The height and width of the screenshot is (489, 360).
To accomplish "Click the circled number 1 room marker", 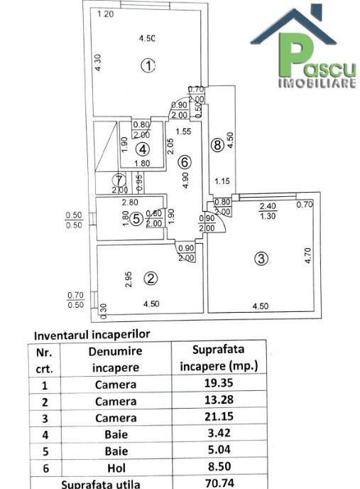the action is pos(148,66).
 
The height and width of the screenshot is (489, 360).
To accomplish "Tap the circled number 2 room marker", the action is pos(151,279).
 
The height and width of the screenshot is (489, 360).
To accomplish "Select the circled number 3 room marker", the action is pos(261,259).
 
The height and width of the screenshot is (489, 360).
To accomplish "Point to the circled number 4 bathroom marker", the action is pos(143,149).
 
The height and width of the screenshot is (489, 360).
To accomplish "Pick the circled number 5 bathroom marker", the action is pos(136,219).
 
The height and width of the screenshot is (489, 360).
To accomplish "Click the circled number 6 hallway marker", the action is pos(185,162).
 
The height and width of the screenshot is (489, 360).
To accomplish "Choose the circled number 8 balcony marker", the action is pos(217,145).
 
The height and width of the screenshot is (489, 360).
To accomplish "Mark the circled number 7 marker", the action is pos(119,180).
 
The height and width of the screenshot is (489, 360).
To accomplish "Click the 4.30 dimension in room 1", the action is pos(98,63).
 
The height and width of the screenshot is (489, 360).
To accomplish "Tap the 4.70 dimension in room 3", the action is pos(308,255).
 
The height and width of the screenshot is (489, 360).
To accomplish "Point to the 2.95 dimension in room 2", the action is pos(129,279).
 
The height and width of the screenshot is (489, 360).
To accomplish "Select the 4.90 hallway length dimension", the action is pos(186,181).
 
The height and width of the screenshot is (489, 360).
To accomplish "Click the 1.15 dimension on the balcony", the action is pos(222,181).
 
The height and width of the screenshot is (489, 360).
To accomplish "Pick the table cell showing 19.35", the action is pos(219,383).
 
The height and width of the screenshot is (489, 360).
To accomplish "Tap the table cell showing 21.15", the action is pos(219,417).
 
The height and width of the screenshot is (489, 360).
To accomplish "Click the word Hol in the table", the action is pos(116,468).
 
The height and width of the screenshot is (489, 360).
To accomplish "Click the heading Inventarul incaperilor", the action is pos(92,335).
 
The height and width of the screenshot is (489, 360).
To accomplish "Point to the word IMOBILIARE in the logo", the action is pos(317,83).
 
